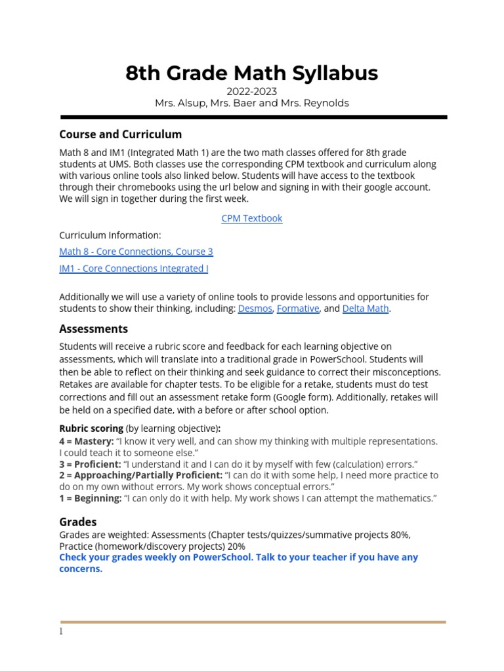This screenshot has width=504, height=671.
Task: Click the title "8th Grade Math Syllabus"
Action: (x=252, y=73)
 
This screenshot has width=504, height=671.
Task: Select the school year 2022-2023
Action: (x=252, y=92)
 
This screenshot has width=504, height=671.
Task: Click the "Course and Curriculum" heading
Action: (x=121, y=134)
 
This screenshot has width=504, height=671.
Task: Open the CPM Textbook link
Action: (x=252, y=218)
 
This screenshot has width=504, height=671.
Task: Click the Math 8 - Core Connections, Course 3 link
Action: (x=136, y=252)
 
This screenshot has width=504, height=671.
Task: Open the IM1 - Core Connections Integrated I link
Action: (x=134, y=269)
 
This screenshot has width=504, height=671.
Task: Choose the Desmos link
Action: (x=255, y=309)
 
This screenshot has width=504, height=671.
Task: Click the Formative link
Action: (x=298, y=309)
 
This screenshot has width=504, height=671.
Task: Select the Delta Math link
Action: (x=366, y=309)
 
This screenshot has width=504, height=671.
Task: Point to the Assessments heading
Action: (x=94, y=329)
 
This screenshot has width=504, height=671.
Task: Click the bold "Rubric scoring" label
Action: (x=91, y=429)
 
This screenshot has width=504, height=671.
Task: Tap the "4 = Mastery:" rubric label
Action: (x=86, y=442)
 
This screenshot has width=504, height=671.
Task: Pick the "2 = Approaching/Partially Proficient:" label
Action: (x=140, y=475)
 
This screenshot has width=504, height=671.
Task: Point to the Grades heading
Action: (x=78, y=522)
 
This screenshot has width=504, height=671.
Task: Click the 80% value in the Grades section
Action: (x=400, y=535)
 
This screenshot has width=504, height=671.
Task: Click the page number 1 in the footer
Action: (x=61, y=632)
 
